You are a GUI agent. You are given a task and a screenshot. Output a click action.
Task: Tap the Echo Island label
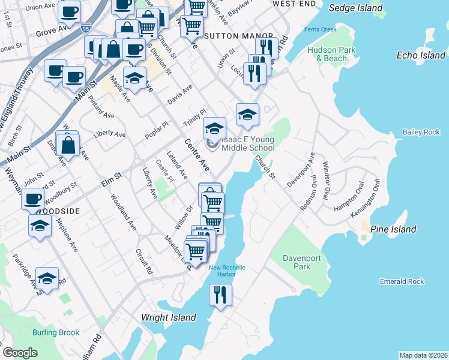pyautogui.click(x=421, y=55)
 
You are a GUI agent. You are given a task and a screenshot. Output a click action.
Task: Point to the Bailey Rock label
pyautogui.click(x=421, y=132)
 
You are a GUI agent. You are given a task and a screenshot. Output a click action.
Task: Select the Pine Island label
pyautogui.click(x=393, y=229)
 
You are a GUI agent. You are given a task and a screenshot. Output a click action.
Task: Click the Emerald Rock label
pyautogui.click(x=402, y=281)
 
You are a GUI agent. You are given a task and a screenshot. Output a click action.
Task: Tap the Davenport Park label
pyautogui.click(x=304, y=262)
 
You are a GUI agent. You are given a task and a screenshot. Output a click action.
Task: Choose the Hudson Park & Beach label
pyautogui.click(x=327, y=54)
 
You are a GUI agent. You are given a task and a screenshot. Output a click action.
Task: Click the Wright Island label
pyautogui.click(x=169, y=317)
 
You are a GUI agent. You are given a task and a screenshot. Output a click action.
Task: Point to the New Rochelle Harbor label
pyautogui.click(x=223, y=271)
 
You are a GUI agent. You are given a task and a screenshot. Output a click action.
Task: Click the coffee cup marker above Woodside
pyautogui.click(x=32, y=199)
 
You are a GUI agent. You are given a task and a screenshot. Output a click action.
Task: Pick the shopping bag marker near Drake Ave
pyautogui.click(x=70, y=145)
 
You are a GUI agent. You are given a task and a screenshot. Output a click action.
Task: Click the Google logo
pyautogui.click(x=20, y=353)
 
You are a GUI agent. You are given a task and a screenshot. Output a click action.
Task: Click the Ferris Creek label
pyautogui.click(x=320, y=29)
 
